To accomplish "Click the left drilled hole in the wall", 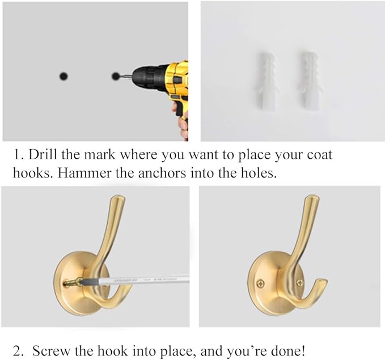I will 64,76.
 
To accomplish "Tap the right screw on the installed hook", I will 299,282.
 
